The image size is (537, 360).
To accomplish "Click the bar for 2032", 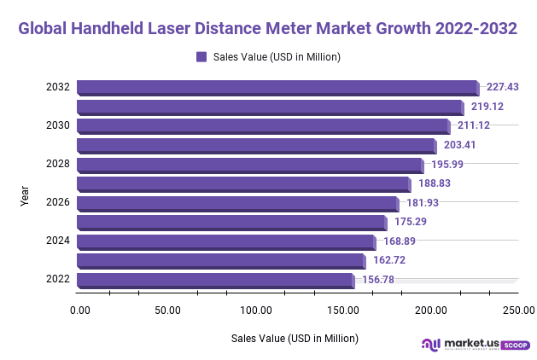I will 277,87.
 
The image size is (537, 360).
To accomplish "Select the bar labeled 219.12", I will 270,107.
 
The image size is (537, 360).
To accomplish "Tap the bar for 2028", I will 249,165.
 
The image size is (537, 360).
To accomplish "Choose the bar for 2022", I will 214,281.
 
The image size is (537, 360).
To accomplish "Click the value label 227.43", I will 503,87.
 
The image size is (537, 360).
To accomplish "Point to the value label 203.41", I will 459,145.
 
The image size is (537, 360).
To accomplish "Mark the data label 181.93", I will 422,203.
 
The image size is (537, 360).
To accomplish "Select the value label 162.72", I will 390,260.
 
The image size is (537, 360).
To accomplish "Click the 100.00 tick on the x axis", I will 257,310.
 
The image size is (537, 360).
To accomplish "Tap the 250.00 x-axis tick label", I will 517,310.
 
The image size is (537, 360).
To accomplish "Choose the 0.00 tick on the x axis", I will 80,310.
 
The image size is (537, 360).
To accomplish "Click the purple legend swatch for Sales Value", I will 201,57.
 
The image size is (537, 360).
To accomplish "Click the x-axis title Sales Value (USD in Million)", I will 295,339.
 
